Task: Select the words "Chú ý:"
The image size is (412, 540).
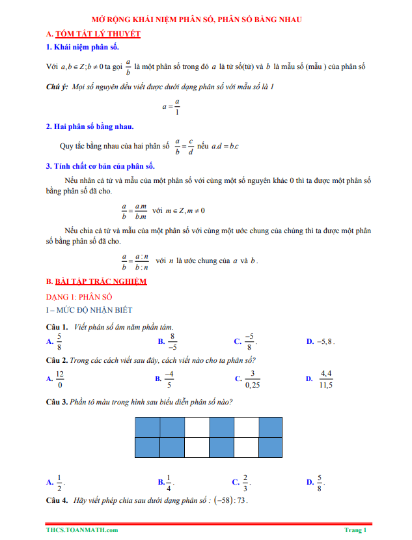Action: click(57, 87)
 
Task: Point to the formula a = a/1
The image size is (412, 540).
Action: click(172, 107)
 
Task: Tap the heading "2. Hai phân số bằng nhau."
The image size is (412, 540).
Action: click(90, 126)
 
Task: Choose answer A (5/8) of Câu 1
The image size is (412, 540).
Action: click(59, 341)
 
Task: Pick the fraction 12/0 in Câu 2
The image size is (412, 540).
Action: click(59, 378)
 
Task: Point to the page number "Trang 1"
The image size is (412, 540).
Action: click(355, 530)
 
